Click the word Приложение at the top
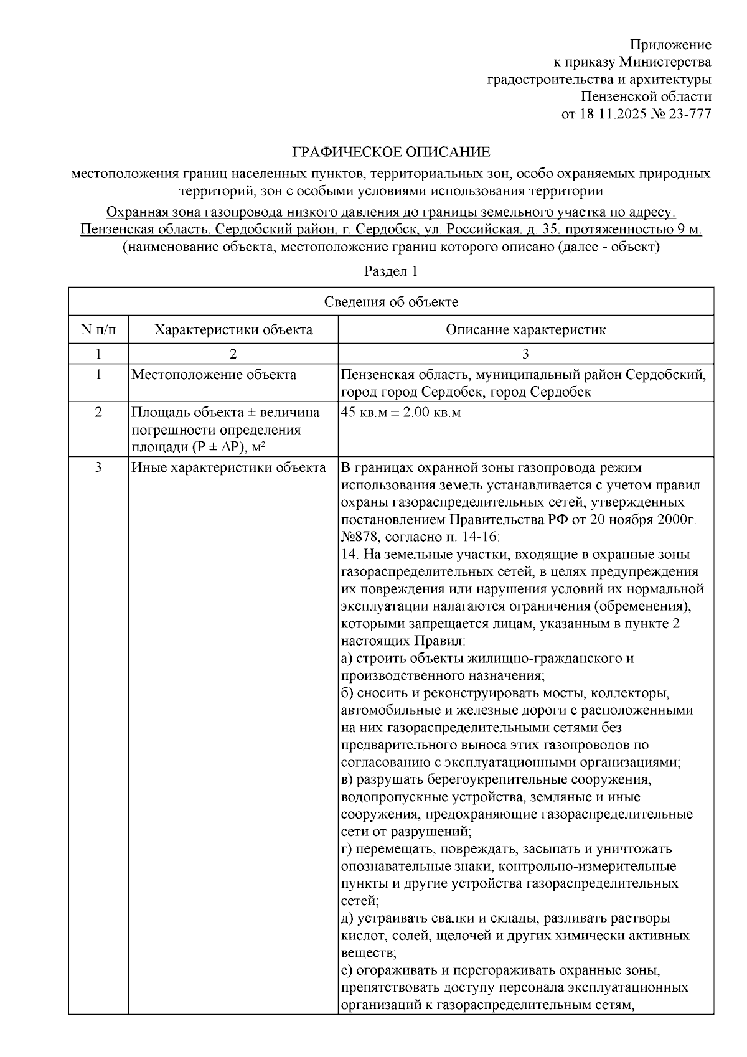pos(670,45)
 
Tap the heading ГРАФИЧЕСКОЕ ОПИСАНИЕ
pos(392,153)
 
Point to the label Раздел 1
pos(391,271)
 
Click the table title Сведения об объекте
pos(391,303)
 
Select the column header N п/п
pos(98,329)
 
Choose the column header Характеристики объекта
pos(233,330)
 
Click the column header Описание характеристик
pos(525,330)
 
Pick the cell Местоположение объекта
pos(214,375)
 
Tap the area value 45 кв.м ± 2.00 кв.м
pos(402,413)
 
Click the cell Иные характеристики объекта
pos(228,467)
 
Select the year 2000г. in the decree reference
pos(677,519)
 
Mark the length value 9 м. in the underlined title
pos(690,230)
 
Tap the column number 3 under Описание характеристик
pos(525,354)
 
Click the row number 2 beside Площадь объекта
pos(98,413)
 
